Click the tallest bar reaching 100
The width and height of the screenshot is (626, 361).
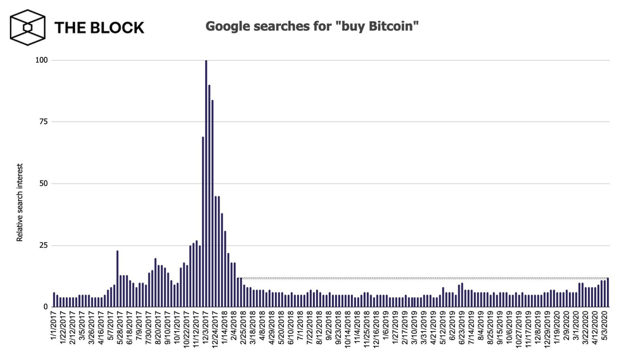(206, 183)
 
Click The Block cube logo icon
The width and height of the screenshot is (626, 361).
(27, 27)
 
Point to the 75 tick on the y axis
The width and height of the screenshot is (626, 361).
(43, 122)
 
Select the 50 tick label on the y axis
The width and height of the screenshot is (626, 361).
(43, 184)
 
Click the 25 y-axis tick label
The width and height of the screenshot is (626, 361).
(43, 245)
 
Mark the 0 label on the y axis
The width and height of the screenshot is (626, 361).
(45, 307)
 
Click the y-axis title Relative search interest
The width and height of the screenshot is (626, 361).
(20, 203)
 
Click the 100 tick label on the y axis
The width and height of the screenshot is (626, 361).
(41, 60)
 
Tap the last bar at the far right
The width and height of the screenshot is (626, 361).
(608, 292)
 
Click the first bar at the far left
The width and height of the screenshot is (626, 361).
(54, 300)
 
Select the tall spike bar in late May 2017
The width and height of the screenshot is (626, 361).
(117, 278)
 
